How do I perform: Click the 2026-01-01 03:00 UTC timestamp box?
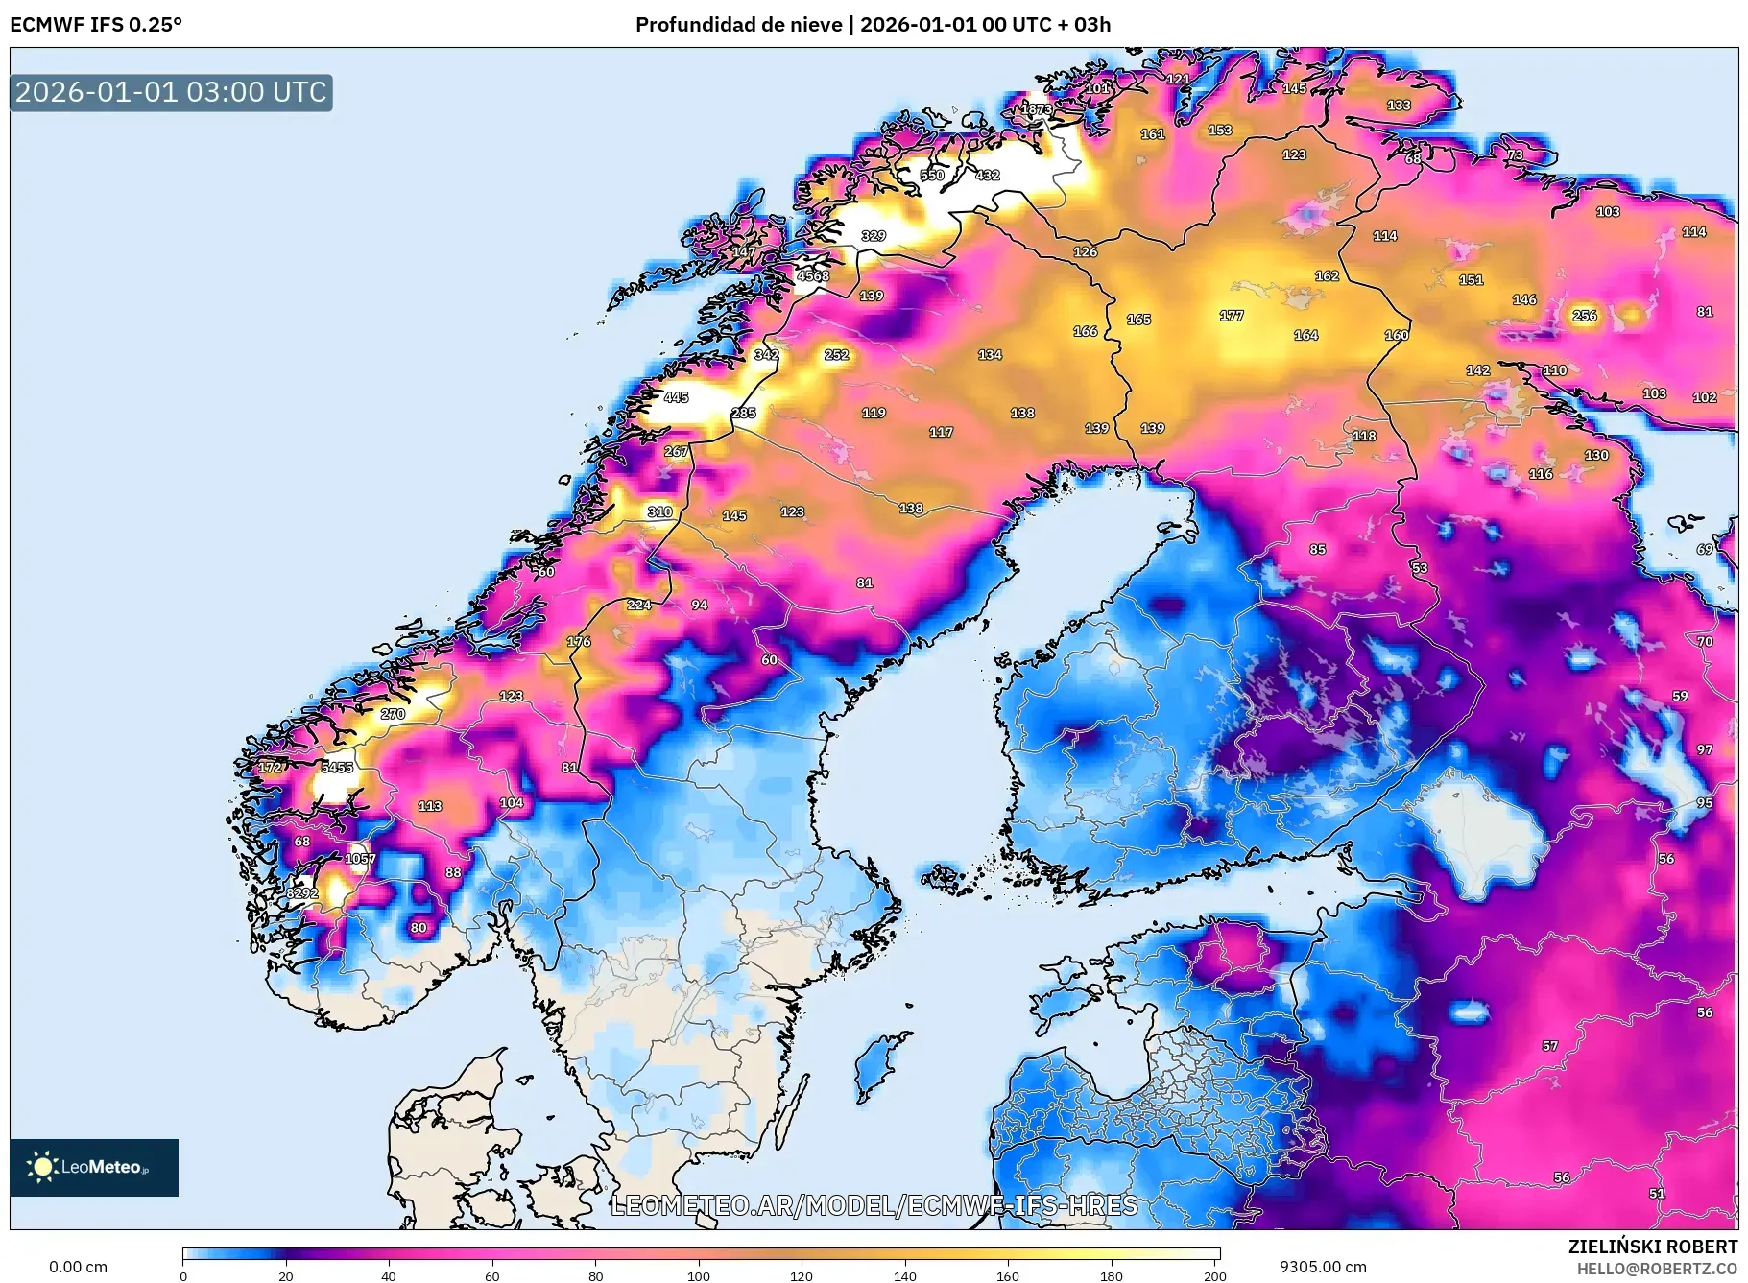pyautogui.click(x=171, y=93)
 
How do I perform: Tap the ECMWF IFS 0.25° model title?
pyautogui.click(x=96, y=25)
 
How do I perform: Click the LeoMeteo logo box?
pyautogui.click(x=94, y=1167)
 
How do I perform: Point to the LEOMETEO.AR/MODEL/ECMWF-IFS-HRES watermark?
pyautogui.click(x=874, y=1205)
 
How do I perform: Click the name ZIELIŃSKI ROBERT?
pyautogui.click(x=1652, y=1247)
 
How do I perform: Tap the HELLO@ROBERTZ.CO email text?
pyautogui.click(x=1656, y=1269)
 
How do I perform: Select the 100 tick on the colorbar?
pyautogui.click(x=699, y=1275)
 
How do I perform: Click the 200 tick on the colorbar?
pyautogui.click(x=1214, y=1275)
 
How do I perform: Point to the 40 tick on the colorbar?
pyautogui.click(x=389, y=1275)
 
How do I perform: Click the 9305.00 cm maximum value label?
pyautogui.click(x=1323, y=1267)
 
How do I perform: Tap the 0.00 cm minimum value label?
pyautogui.click(x=78, y=1267)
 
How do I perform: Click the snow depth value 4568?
pyautogui.click(x=813, y=276)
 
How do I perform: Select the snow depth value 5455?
pyautogui.click(x=337, y=768)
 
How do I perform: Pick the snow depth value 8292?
pyautogui.click(x=302, y=893)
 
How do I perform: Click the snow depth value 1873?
pyautogui.click(x=1036, y=109)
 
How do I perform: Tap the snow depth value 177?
pyautogui.click(x=1232, y=316)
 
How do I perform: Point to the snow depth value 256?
pyautogui.click(x=1585, y=316)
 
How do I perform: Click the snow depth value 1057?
pyautogui.click(x=361, y=859)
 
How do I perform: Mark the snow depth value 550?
pyautogui.click(x=932, y=176)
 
